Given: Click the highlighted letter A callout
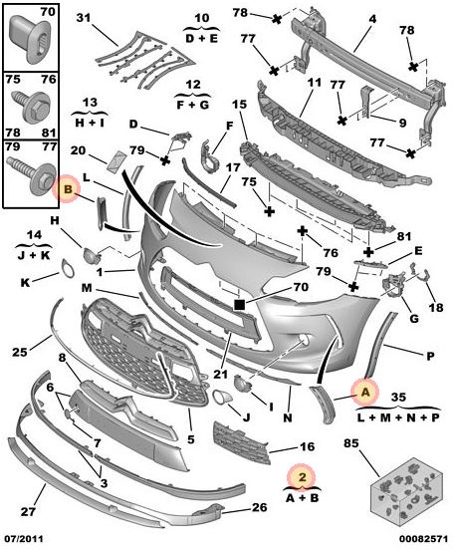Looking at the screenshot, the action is pos(365,392).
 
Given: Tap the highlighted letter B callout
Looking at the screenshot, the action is pos(67,189).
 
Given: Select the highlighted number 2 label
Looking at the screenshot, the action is pos(302,477).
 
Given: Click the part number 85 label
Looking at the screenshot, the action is pos(351,443).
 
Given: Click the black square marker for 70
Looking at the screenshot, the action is pos(240,305).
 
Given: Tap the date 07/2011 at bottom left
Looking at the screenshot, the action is pos(24,539).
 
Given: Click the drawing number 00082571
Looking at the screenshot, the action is pos(423,539).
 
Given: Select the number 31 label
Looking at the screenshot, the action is pos(84,17).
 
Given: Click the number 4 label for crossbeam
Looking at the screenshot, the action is pos(372,19).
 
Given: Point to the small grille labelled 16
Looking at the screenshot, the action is pos(242,443).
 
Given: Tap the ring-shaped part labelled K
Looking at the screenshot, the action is pos(68,268).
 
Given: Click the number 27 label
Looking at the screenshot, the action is pos(28,511).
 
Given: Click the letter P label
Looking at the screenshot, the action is pos(430,357).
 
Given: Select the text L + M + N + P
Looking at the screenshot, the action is pos(398,417).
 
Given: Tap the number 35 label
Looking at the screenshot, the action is pos(398,398).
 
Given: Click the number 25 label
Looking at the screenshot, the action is pos(20,352).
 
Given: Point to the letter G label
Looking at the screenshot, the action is pos(414,319).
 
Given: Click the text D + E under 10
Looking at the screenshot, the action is pos(201,38).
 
